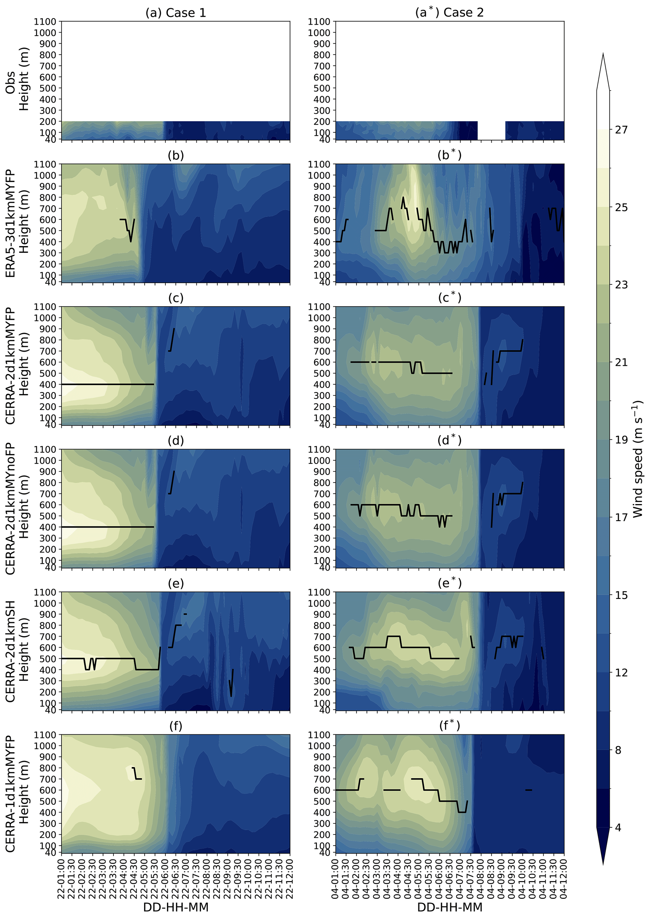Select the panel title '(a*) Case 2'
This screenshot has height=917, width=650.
[x=449, y=13]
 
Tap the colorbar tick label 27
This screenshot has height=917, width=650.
[x=621, y=129]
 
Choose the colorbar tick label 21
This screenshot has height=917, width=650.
[x=621, y=362]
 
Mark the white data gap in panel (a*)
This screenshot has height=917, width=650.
[x=491, y=130]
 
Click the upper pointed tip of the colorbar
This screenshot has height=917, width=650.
[x=603, y=54]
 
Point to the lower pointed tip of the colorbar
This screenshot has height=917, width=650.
[x=603, y=863]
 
